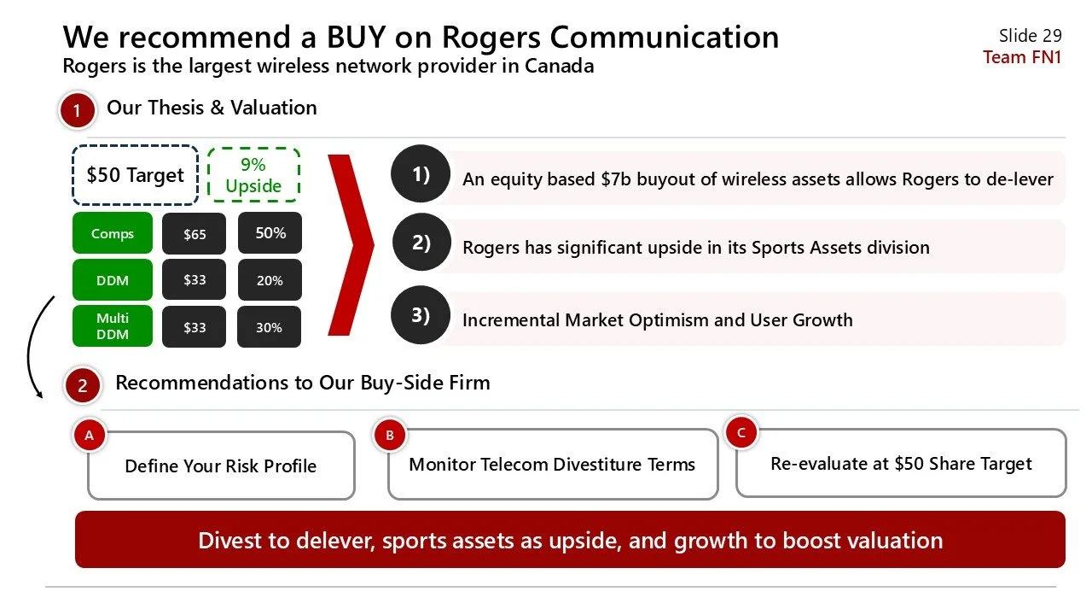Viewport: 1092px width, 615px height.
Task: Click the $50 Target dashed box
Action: (135, 175)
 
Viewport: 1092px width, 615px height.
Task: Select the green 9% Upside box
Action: (253, 175)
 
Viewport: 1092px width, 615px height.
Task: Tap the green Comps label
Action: (113, 233)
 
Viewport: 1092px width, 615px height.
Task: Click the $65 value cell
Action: (195, 233)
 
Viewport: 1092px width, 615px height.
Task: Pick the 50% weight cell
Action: (270, 232)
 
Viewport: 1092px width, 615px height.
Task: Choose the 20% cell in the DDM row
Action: (270, 280)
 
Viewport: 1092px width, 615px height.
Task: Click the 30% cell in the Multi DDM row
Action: (270, 327)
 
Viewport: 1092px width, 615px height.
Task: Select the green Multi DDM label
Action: (113, 326)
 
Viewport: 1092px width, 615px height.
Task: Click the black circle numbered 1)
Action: (421, 174)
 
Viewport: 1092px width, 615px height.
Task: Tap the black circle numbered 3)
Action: (421, 315)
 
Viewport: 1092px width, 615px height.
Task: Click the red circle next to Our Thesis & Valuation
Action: (77, 111)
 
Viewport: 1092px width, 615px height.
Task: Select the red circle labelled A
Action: (89, 435)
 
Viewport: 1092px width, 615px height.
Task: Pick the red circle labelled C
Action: (741, 433)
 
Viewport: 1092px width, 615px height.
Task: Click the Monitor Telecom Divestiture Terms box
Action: (552, 465)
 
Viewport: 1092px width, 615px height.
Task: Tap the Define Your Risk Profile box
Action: (221, 466)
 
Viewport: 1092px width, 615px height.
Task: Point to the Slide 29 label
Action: (1030, 35)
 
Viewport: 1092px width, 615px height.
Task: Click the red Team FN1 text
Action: (1022, 57)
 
